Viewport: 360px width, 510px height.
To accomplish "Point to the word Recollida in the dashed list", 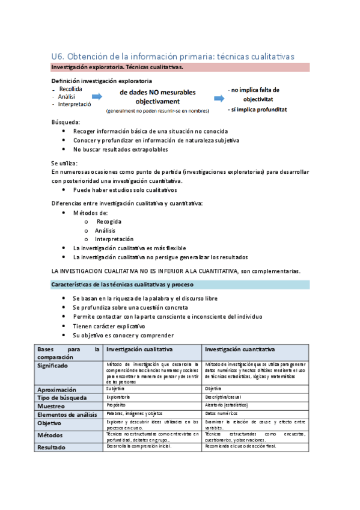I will click(x=71, y=88).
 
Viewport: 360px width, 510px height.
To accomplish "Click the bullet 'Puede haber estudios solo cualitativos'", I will click(x=125, y=189).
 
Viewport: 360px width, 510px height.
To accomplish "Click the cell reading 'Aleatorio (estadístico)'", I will click(x=226, y=405).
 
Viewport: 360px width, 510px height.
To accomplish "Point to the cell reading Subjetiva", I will click(x=115, y=389).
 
